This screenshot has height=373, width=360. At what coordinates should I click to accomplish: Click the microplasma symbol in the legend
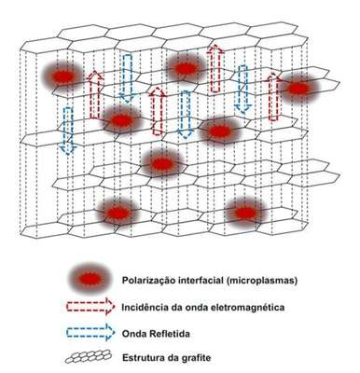point(89,279)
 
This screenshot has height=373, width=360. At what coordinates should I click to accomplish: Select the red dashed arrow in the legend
point(90,307)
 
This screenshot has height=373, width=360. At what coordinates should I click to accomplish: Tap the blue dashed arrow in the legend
point(90,333)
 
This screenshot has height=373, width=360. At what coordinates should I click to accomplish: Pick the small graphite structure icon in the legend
point(89,356)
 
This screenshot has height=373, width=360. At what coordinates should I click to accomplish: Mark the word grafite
point(195,357)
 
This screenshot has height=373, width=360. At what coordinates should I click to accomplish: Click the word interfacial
point(200,281)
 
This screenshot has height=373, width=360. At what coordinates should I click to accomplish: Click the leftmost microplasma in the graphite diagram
point(62,76)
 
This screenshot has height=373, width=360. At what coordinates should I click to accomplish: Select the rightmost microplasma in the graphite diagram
point(298,89)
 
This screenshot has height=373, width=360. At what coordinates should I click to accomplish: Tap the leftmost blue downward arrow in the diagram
point(68,131)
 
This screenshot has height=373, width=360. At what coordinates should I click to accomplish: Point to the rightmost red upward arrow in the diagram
point(273,97)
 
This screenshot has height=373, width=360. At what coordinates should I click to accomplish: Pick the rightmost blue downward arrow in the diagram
point(242,90)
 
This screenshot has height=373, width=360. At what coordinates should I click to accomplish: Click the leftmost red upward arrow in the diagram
point(95,95)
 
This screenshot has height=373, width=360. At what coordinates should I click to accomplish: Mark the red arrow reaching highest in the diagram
point(215,68)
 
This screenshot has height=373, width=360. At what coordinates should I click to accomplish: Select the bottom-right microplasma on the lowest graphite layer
point(244,213)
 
